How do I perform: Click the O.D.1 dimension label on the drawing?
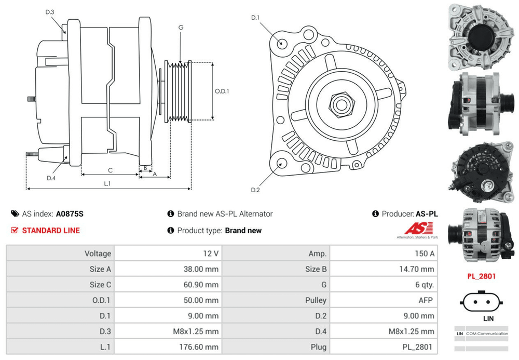(222, 91)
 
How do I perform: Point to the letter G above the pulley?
(181, 27)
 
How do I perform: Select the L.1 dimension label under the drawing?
(107, 183)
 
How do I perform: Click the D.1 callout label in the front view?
(255, 18)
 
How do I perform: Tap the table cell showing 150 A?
(384, 254)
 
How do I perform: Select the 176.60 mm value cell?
(167, 347)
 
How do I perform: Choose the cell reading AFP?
(384, 300)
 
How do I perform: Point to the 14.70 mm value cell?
(384, 269)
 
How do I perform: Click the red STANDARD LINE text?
(51, 230)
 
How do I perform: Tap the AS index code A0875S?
(70, 214)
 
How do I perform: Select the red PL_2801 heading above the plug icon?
(481, 276)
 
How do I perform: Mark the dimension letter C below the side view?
(110, 170)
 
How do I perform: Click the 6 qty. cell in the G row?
(384, 285)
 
